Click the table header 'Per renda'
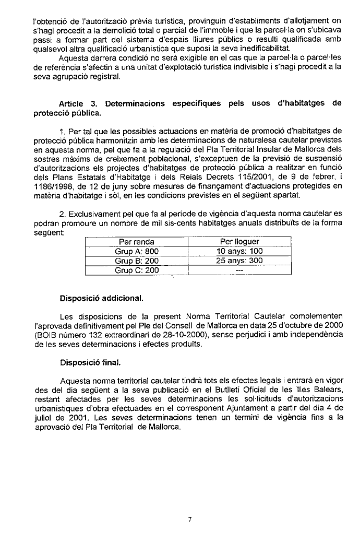pos(136,242)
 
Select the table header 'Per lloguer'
pos(239,242)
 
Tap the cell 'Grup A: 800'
pos(136,251)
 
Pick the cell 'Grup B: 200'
pos(136,261)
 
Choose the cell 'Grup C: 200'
pos(136,270)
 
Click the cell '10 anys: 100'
pos(239,251)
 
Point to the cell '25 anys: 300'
pos(239,261)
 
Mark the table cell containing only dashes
pos(239,270)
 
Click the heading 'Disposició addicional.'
pos(101,299)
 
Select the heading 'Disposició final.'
pos(90,361)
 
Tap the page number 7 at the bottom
pos(191,519)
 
